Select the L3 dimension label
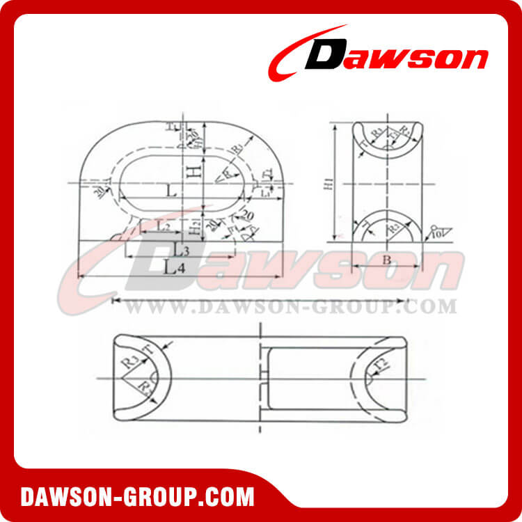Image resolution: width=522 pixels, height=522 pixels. click(x=182, y=248)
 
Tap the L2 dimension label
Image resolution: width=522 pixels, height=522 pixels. click(x=161, y=226)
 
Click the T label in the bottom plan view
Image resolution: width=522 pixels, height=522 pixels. click(x=148, y=348)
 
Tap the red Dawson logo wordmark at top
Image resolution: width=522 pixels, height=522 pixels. click(x=379, y=57)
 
